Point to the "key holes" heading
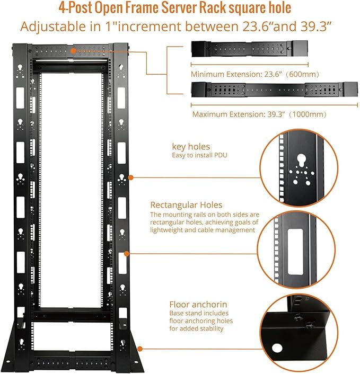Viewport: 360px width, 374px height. point(191,146)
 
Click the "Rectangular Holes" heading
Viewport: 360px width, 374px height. point(186,204)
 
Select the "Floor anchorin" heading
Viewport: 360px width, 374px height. point(198,304)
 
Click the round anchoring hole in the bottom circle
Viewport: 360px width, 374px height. point(277,349)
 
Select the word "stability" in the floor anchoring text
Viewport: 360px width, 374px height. point(209,329)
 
